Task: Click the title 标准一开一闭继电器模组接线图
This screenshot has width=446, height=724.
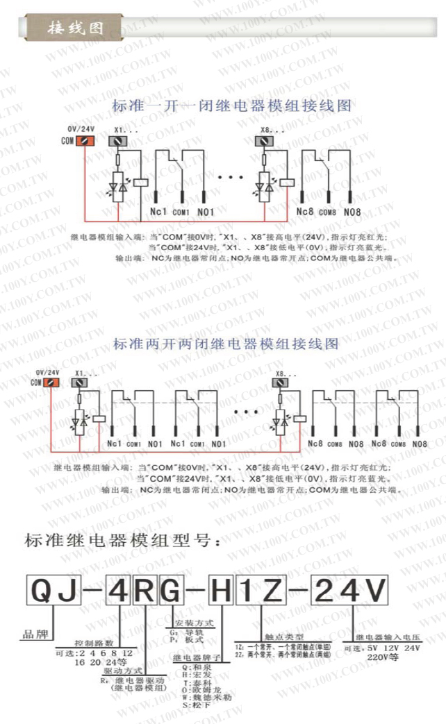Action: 231,107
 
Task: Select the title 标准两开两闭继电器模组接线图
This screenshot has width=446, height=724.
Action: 226,344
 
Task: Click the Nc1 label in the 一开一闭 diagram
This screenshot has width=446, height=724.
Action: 158,211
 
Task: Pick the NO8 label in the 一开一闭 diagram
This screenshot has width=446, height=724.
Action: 352,211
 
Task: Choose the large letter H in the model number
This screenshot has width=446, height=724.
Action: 221,592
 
